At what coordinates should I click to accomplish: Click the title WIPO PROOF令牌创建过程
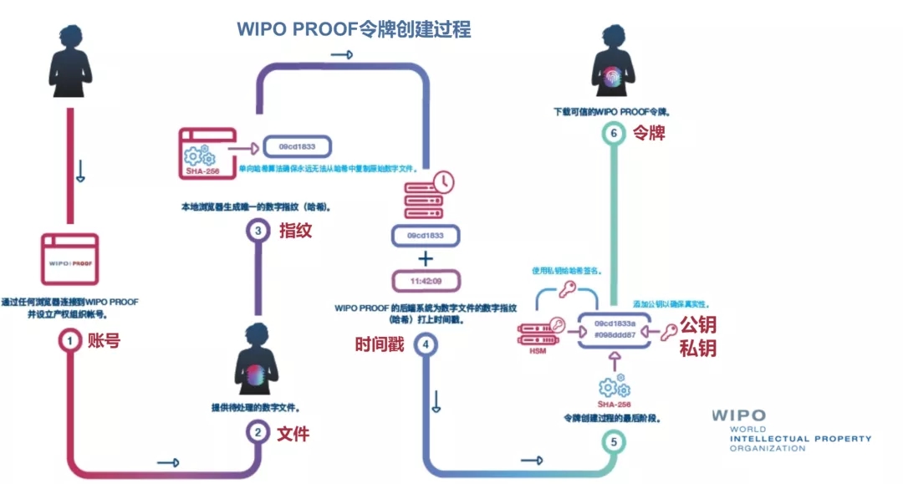tap(354, 29)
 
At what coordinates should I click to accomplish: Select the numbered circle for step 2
tap(258, 432)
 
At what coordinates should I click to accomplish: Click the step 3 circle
tap(258, 230)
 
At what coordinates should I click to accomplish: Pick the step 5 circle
tap(615, 441)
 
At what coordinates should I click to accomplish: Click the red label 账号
tap(105, 340)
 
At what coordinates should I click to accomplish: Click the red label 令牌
tap(650, 133)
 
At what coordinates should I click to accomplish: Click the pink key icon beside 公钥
tap(669, 333)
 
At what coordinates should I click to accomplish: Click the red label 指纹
tap(295, 231)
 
